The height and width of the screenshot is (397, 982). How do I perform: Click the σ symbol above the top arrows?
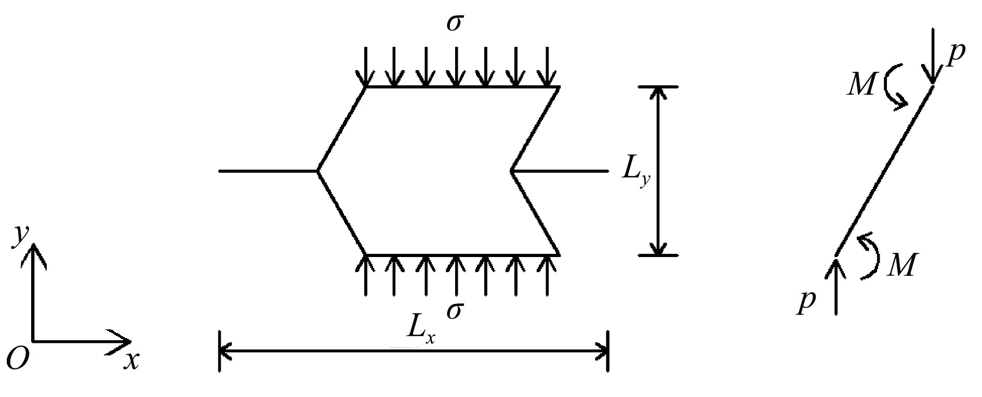pyautogui.click(x=454, y=24)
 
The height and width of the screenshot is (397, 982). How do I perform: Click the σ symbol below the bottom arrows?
pyautogui.click(x=454, y=312)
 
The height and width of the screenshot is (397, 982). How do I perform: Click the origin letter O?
pyautogui.click(x=17, y=358)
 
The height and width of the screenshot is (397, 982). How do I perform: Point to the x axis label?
pyautogui.click(x=131, y=360)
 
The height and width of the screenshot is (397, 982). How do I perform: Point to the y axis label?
pyautogui.click(x=20, y=235)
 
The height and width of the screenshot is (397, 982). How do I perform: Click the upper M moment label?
pyautogui.click(x=862, y=85)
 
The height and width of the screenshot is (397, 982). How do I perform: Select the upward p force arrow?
pyautogui.click(x=835, y=286)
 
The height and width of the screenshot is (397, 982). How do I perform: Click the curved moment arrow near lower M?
pyautogui.click(x=872, y=257)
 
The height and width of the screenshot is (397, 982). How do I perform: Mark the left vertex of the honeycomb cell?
pyautogui.click(x=318, y=171)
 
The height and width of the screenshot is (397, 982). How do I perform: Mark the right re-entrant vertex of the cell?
pyautogui.click(x=512, y=171)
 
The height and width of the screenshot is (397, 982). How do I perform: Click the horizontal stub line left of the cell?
pyautogui.click(x=268, y=171)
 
